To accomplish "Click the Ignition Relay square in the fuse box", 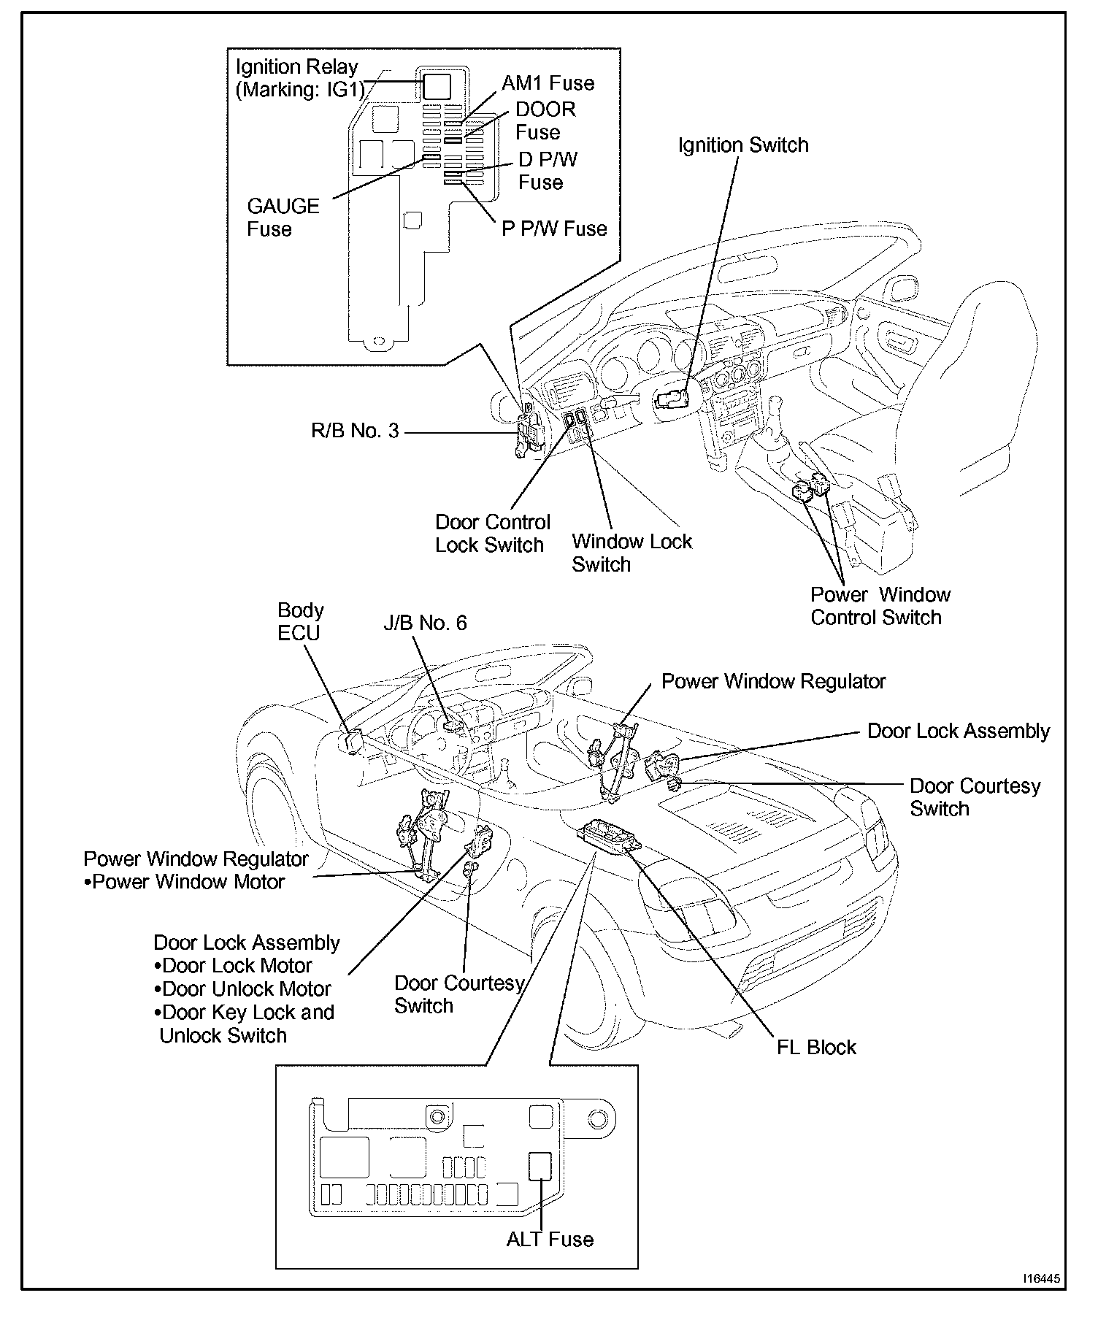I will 437,86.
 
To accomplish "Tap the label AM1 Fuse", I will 548,83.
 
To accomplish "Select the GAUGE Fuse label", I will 283,218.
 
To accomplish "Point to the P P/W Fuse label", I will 554,229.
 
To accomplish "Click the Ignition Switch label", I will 743,145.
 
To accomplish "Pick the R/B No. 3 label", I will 355,431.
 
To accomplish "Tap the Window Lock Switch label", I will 631,553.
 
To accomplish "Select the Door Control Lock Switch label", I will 492,534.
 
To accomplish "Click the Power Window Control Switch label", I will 880,606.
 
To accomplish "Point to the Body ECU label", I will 300,621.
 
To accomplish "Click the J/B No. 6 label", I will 425,623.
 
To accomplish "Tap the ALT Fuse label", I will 550,1239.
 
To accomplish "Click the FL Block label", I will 816,1047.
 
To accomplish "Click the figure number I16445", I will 1041,1280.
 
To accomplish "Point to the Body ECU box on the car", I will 351,740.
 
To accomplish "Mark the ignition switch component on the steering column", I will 671,399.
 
